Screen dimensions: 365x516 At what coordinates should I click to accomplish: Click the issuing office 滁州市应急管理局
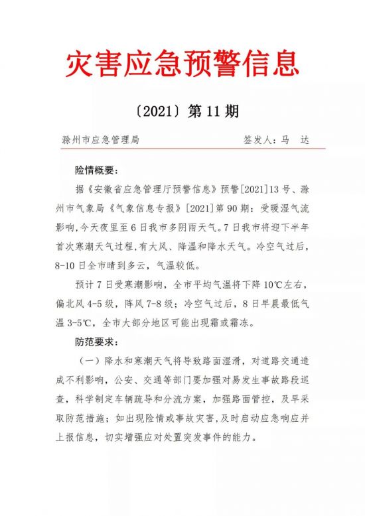point(100,141)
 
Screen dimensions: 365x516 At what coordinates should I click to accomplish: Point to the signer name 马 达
point(295,141)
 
